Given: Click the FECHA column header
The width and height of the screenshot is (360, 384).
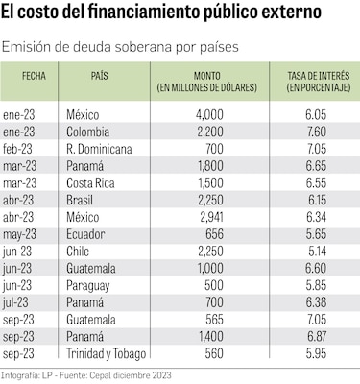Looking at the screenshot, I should click(x=33, y=74).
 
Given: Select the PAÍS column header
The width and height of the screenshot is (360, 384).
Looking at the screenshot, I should click(x=99, y=74).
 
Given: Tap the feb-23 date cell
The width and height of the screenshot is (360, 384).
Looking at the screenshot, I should click(x=20, y=148).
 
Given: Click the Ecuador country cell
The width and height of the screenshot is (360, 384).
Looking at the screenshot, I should click(x=88, y=234).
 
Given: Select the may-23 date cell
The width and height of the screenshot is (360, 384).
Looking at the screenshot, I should click(x=21, y=234).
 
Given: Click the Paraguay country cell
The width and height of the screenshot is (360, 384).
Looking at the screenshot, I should click(x=90, y=286).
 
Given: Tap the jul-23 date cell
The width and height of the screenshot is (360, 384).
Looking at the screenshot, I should click(x=18, y=303).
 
